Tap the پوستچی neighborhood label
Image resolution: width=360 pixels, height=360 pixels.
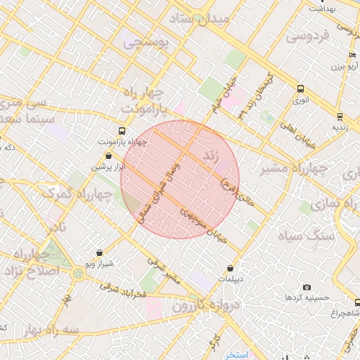146,43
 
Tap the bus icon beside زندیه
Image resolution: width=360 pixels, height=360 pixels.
340,116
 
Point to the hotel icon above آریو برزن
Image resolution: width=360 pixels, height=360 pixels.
352,56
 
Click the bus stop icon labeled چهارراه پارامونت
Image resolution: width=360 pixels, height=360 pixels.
123,131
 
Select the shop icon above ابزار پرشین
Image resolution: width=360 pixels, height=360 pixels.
108,156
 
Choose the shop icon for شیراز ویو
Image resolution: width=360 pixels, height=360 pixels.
98,252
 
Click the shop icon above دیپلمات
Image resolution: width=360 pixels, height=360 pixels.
231,268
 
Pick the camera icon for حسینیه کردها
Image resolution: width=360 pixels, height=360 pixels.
307,287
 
